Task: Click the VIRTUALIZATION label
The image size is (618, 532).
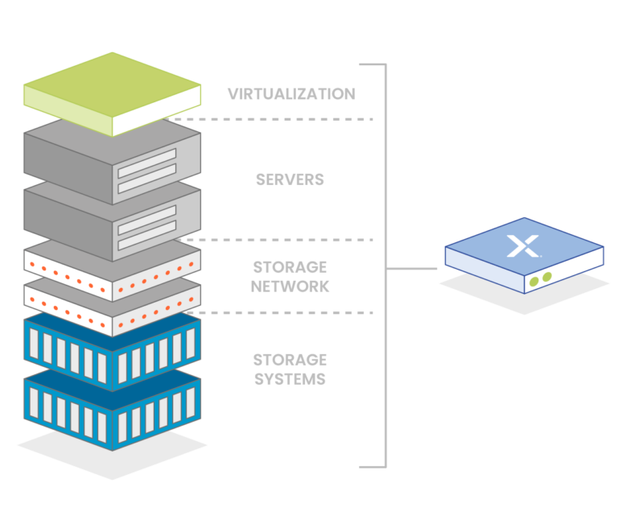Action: [x=290, y=94]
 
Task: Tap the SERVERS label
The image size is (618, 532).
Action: [x=290, y=179]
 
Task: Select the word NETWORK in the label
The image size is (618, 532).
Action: [x=290, y=287]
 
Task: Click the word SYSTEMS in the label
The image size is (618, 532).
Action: [x=290, y=379]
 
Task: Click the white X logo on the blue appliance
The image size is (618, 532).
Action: [x=523, y=245]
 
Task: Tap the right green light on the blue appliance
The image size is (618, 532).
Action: [x=547, y=277]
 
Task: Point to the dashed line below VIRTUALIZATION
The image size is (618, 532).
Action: [x=274, y=119]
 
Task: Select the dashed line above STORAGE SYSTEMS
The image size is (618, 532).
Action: [x=282, y=312]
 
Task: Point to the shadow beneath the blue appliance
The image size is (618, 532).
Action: [x=524, y=301]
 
